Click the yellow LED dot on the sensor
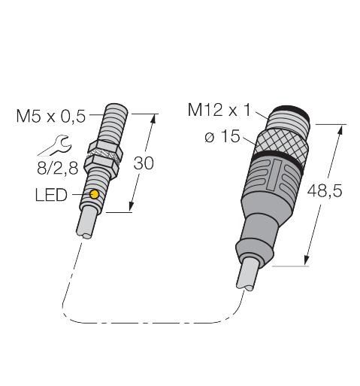[x=95, y=196]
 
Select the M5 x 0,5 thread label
[x=52, y=115]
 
